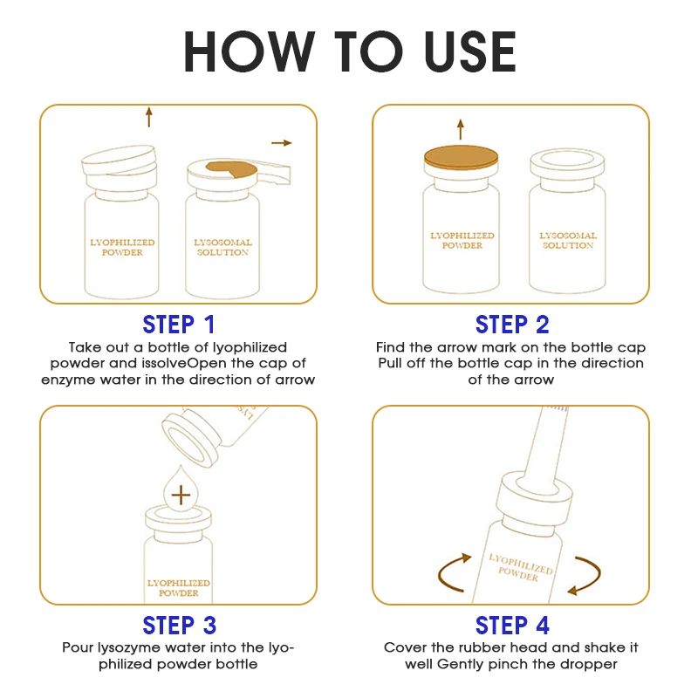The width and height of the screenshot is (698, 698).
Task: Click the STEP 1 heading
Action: click(179, 324)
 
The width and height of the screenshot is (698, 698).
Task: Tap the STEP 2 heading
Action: click(512, 324)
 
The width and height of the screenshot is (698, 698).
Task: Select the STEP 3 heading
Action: click(180, 626)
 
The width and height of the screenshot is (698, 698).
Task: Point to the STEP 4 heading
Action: click(512, 626)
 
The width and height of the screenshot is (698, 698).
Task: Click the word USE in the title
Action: click(470, 51)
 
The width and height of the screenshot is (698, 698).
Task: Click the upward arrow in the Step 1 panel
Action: click(149, 117)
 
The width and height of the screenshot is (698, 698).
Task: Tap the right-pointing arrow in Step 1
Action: click(281, 143)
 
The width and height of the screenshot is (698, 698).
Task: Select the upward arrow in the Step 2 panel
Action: click(461, 129)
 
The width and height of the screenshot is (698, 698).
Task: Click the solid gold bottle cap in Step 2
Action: click(461, 158)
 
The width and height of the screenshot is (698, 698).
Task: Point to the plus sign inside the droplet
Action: click(181, 495)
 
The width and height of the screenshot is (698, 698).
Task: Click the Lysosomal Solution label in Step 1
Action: click(222, 248)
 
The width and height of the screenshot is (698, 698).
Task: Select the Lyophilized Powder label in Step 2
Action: click(462, 241)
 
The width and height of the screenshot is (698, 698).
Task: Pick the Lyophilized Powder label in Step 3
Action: click(179, 588)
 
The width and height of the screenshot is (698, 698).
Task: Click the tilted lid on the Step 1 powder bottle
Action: click(120, 160)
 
